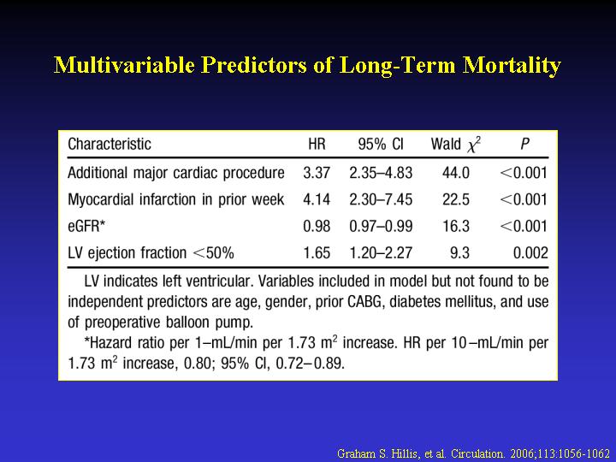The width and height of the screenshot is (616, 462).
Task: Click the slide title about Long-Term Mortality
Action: [308, 66]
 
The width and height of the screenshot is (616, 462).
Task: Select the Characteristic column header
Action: [109, 145]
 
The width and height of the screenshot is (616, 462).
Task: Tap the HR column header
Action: [316, 145]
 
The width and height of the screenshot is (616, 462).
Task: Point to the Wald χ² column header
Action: [455, 145]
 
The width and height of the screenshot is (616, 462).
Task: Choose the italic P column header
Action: [524, 145]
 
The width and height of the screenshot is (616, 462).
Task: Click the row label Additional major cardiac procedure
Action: [175, 173]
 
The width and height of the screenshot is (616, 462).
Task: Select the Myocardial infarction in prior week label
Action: [175, 199]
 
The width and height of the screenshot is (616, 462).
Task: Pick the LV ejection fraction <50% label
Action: [151, 252]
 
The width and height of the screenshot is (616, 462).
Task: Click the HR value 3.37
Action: [317, 173]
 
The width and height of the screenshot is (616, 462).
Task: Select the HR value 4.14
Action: [317, 199]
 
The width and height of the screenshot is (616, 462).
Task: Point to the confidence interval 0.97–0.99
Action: [381, 226]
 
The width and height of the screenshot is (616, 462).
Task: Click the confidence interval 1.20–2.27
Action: [381, 252]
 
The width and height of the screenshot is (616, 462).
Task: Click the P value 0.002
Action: [530, 252]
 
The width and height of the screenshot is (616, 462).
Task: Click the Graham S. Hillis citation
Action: [473, 451]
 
